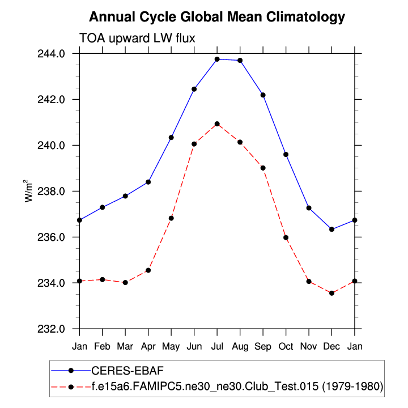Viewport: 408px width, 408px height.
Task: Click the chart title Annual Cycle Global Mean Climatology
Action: coord(217,17)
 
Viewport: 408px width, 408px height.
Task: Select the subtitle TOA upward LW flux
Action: coord(137,38)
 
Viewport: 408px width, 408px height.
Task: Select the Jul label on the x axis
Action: coord(217,345)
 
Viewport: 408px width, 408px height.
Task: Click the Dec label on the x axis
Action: coord(331,345)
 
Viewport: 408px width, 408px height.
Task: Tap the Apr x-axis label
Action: coord(148,345)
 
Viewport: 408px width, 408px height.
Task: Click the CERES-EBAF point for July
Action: coord(217,59)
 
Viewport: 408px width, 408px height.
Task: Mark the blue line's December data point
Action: coord(331,229)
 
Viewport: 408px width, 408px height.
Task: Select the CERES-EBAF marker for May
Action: coord(171,137)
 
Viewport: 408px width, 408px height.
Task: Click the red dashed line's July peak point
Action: coord(217,124)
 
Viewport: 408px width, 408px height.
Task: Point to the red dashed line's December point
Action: coord(331,293)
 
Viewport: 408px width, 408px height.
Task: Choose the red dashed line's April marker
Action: coord(148,270)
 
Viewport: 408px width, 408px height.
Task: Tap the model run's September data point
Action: coord(263,168)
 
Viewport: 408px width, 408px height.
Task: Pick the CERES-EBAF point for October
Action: coord(286,154)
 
